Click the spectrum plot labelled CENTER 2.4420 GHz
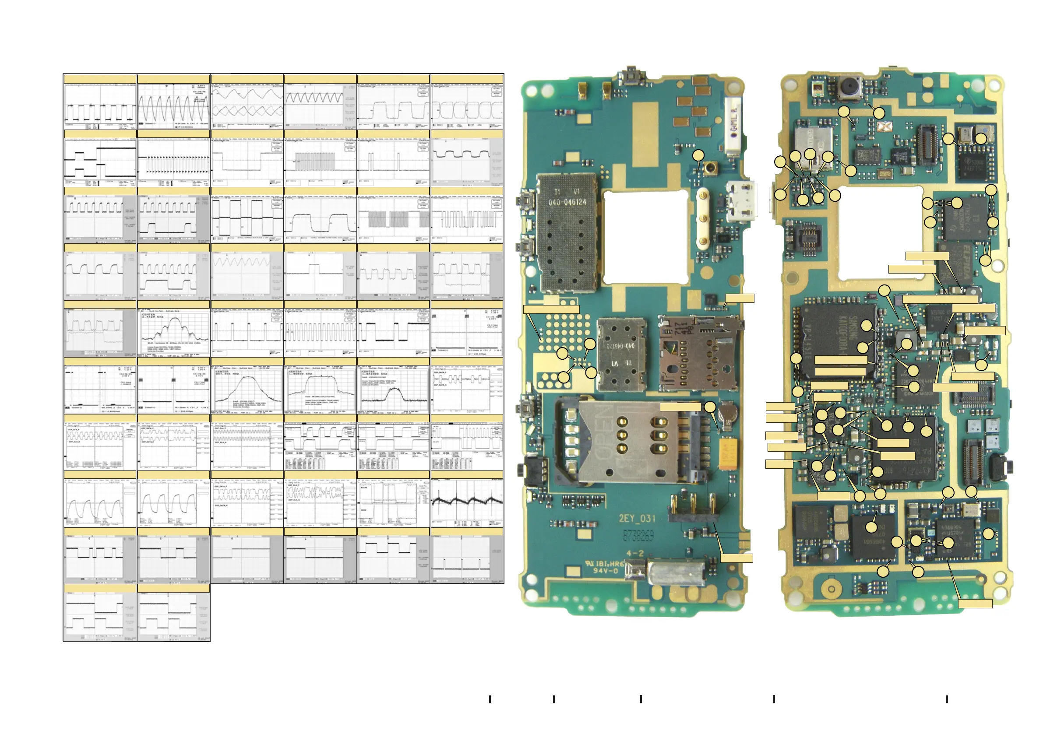[x=173, y=331]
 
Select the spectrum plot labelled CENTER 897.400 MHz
[x=247, y=389]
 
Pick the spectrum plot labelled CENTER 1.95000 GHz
[x=320, y=389]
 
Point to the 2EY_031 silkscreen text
[x=637, y=518]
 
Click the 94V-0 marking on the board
[x=606, y=571]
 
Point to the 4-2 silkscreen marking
[x=635, y=553]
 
